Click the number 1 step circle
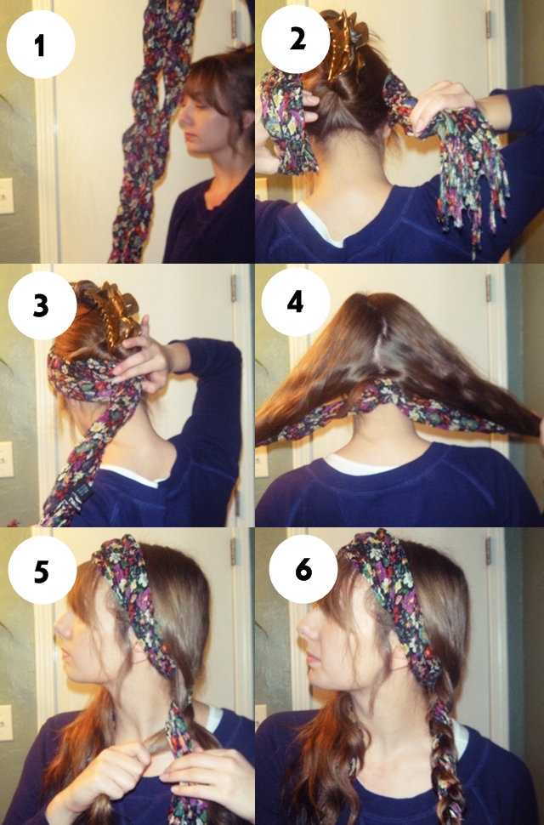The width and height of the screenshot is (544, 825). tap(41, 44)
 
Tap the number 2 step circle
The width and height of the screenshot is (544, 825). tap(295, 39)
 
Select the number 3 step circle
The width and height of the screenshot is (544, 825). tap(42, 305)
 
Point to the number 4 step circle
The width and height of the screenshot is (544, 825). tap(296, 302)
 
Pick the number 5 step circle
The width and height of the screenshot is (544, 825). tap(42, 570)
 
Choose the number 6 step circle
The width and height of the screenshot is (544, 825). tap(303, 569)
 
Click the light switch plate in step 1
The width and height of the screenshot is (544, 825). tap(6, 196)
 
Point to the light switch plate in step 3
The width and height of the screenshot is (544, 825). tap(5, 459)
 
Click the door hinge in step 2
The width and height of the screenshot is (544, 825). tap(488, 24)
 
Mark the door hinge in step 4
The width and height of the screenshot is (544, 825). tap(488, 287)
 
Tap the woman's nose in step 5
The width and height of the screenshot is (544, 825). tap(59, 628)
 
